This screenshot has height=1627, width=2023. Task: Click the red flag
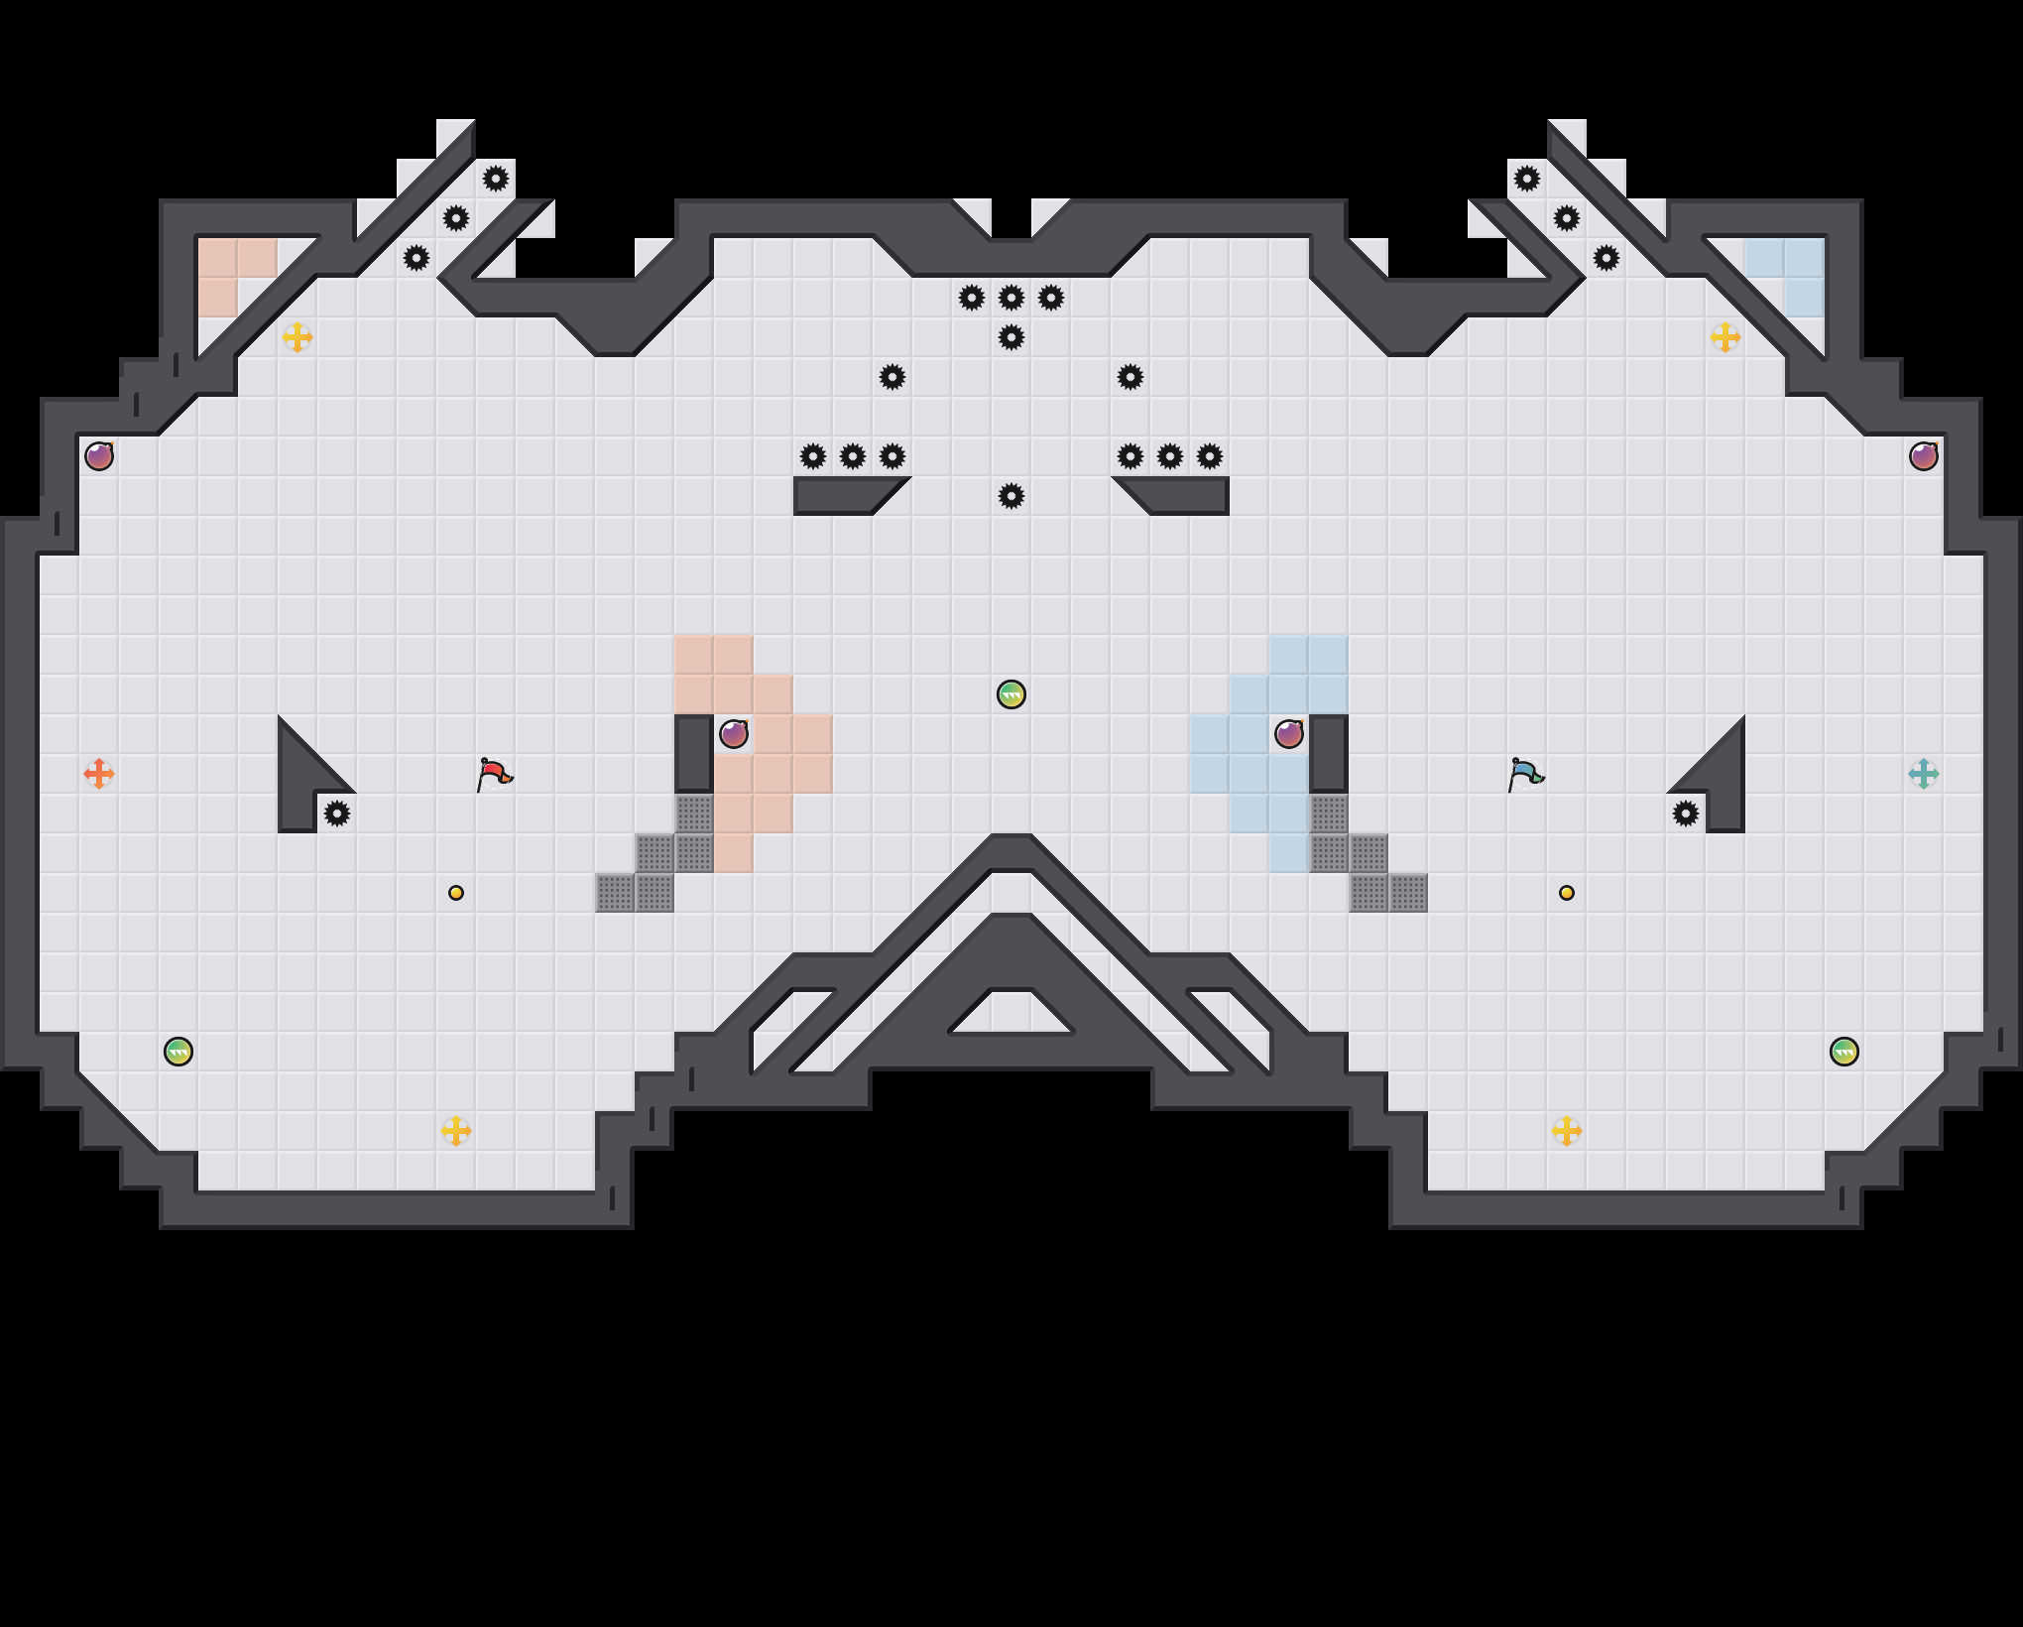494,773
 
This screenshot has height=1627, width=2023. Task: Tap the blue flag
1525,773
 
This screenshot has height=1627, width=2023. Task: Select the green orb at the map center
1011,694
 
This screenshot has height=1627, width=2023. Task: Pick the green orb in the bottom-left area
178,1052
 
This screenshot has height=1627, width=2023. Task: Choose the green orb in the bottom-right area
1844,1052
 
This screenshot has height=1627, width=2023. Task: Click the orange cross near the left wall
98,773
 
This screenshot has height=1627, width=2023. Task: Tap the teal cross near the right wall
1923,773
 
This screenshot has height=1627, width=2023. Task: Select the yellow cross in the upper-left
297,337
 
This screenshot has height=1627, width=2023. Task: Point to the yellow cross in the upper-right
1725,337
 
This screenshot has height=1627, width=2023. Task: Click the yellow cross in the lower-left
456,1130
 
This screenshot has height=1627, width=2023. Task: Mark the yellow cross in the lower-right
1566,1130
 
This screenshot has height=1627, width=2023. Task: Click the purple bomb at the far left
99,456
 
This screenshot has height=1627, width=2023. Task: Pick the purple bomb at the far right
1923,456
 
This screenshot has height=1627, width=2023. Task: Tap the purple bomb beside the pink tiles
734,734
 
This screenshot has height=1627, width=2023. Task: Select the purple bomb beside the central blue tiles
1288,734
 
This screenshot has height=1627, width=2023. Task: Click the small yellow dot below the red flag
456,893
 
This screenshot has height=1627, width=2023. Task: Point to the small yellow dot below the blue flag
1566,893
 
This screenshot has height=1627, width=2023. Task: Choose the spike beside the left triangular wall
337,813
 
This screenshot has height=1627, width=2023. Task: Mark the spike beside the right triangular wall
1685,813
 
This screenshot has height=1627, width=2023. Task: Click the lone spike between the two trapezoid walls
1011,496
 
